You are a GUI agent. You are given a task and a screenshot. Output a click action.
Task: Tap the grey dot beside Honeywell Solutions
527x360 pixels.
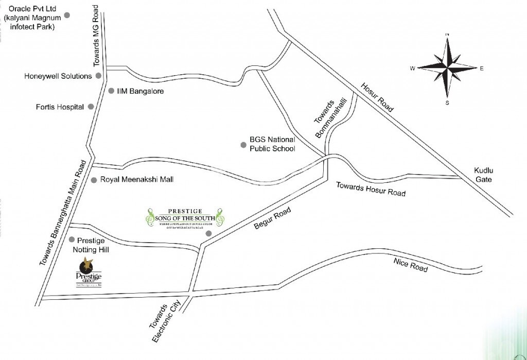(x=98, y=76)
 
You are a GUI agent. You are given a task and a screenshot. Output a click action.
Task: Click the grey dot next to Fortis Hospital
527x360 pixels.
(x=91, y=107)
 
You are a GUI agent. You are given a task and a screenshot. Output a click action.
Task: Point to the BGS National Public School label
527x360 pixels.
(x=272, y=144)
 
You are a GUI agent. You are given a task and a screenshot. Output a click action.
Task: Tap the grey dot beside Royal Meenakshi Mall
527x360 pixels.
(x=94, y=180)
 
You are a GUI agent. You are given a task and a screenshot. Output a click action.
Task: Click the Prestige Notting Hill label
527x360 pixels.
(x=91, y=245)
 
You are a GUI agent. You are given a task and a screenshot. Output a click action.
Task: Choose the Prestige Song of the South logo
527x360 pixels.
(x=185, y=218)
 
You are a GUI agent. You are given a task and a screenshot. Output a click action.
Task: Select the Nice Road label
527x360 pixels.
(x=411, y=265)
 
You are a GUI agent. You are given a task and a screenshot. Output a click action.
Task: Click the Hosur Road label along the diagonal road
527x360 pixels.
(x=377, y=97)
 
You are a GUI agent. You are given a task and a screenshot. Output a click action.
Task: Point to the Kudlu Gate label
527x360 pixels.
(x=484, y=175)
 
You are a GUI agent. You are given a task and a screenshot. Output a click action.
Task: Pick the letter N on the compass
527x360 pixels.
(x=447, y=35)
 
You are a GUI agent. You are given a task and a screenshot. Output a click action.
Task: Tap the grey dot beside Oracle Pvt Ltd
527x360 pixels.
(x=66, y=15)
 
